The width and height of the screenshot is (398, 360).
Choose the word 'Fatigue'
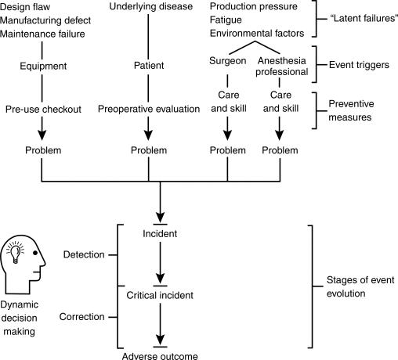click(227, 21)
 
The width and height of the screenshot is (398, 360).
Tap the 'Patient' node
click(148, 66)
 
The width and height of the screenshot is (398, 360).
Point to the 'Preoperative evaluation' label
click(148, 110)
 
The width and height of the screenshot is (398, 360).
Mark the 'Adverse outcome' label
click(160, 355)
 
